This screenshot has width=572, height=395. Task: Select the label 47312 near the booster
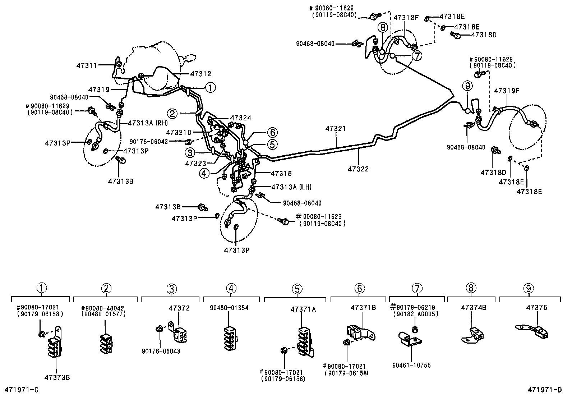(200, 73)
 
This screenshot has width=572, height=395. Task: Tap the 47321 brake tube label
(336, 129)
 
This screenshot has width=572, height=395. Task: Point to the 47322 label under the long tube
(358, 169)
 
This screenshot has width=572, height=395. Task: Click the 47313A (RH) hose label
(148, 123)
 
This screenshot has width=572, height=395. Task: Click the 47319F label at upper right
(507, 91)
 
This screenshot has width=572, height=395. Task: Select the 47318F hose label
(406, 17)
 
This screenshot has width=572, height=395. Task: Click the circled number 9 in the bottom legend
(529, 288)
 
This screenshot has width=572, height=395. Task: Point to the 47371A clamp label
(303, 309)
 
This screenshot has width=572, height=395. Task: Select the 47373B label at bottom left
(57, 377)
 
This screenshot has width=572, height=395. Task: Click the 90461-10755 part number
(411, 365)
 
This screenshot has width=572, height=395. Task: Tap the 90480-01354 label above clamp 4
(229, 308)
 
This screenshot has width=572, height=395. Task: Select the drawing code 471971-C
(21, 390)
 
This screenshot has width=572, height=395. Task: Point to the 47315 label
(281, 174)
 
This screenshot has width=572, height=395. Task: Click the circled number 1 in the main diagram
(210, 87)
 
